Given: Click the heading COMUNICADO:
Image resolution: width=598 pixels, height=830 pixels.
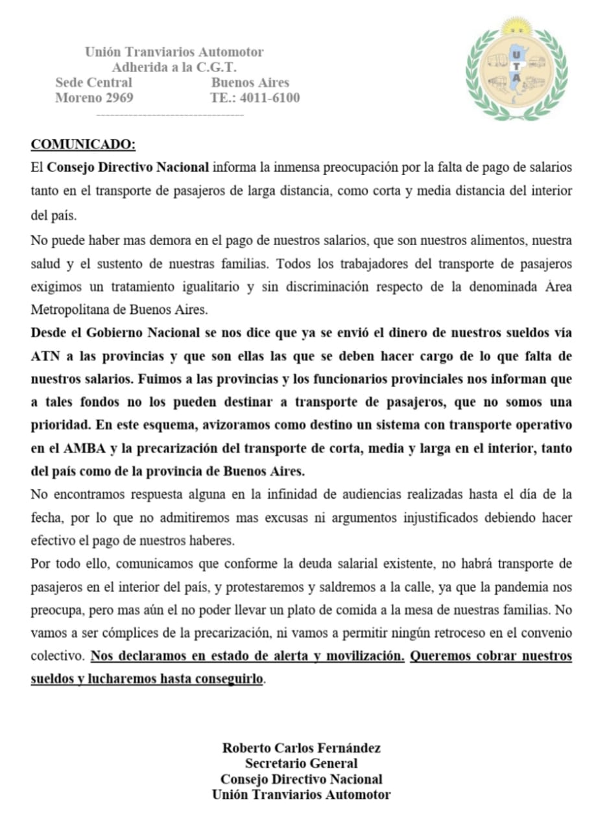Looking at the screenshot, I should [x=84, y=144].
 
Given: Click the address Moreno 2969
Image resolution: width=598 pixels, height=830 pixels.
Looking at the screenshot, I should [x=94, y=99].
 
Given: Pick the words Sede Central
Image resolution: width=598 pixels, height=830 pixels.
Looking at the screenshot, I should [x=94, y=83].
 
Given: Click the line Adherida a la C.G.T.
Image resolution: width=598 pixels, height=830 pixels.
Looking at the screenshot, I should [x=174, y=67].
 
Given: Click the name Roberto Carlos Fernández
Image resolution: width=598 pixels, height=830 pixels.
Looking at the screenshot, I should [x=301, y=748].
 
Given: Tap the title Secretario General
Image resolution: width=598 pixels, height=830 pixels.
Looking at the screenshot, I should [x=301, y=763].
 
